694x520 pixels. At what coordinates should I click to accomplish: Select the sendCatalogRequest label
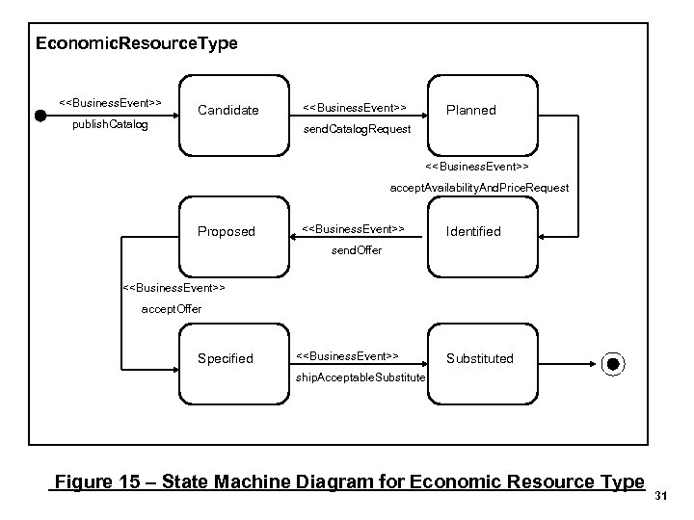click(x=357, y=129)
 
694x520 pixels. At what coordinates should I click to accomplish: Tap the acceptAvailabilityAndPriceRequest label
click(x=479, y=188)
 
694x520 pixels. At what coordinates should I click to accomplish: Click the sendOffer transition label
click(x=357, y=250)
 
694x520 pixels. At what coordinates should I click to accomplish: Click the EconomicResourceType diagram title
click(x=136, y=44)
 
